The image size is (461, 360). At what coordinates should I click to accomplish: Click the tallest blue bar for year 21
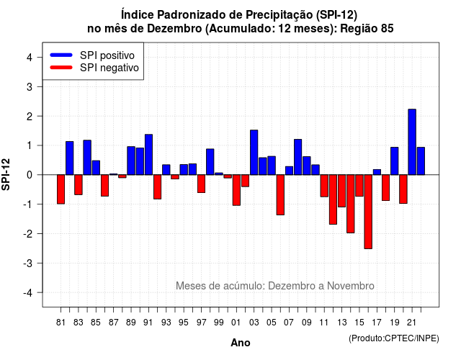click(x=412, y=142)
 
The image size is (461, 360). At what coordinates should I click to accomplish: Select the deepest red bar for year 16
click(x=368, y=212)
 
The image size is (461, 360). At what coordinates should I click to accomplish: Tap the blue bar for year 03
click(x=254, y=152)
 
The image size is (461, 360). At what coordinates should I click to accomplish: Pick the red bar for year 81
click(x=61, y=189)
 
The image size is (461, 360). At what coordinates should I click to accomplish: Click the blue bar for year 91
click(x=148, y=155)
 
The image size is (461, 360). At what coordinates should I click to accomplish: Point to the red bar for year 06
click(x=280, y=195)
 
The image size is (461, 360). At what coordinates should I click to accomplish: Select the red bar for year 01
click(x=236, y=190)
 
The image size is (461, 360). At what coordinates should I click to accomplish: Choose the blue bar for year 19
click(x=395, y=161)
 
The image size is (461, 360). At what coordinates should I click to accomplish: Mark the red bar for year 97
click(x=201, y=184)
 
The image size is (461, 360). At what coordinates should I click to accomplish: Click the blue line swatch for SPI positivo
click(x=61, y=55)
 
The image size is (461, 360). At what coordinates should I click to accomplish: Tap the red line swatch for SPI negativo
click(x=61, y=67)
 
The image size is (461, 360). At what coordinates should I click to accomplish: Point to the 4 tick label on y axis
click(x=30, y=58)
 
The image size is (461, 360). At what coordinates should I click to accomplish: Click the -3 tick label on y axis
click(x=27, y=263)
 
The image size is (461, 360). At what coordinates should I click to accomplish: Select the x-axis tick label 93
click(x=166, y=323)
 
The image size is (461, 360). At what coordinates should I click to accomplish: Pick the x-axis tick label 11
click(x=324, y=323)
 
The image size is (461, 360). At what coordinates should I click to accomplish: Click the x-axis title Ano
click(x=241, y=343)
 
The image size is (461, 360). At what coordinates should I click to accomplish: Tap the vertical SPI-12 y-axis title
click(x=6, y=174)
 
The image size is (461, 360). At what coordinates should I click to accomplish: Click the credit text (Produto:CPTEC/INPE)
click(x=394, y=338)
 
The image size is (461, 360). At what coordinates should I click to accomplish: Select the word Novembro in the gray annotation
click(x=351, y=286)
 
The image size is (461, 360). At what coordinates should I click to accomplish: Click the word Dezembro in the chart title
click(x=174, y=29)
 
